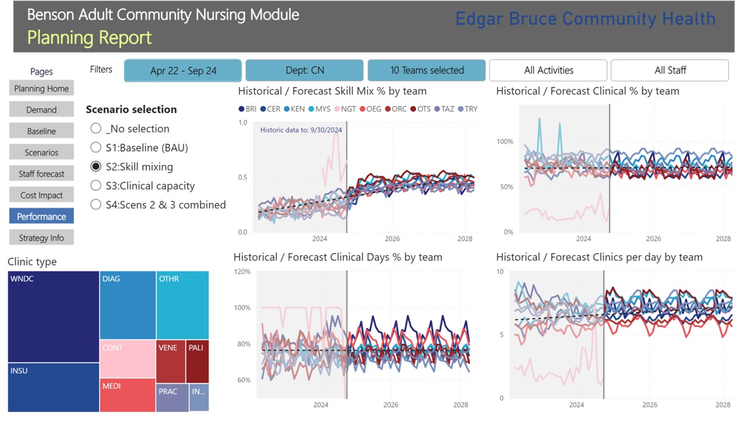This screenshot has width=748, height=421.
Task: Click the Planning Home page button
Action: (41, 88)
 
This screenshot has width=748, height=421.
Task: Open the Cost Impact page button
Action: (41, 195)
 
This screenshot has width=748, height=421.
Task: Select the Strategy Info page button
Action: (41, 238)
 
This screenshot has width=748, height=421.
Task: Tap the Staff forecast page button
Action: (41, 174)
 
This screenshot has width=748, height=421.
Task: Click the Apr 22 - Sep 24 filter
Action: (183, 71)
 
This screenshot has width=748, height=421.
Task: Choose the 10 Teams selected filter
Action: (427, 71)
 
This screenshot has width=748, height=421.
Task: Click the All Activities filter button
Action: (548, 71)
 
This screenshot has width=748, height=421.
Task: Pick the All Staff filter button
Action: (670, 71)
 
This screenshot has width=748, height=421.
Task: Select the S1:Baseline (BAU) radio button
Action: (96, 147)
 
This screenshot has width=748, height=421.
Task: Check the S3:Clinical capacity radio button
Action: (96, 186)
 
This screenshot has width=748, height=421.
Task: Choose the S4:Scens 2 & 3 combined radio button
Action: (96, 205)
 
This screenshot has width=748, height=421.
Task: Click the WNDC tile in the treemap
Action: (53, 316)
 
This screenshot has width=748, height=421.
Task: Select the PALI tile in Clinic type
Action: (197, 361)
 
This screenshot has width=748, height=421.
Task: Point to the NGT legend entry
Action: (345, 109)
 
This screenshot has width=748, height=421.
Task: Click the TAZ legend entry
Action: (444, 109)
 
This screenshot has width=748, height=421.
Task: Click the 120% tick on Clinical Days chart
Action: (242, 272)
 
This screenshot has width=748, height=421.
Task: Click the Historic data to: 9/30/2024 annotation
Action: (301, 130)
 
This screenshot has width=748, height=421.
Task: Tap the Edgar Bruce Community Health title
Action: (586, 19)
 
